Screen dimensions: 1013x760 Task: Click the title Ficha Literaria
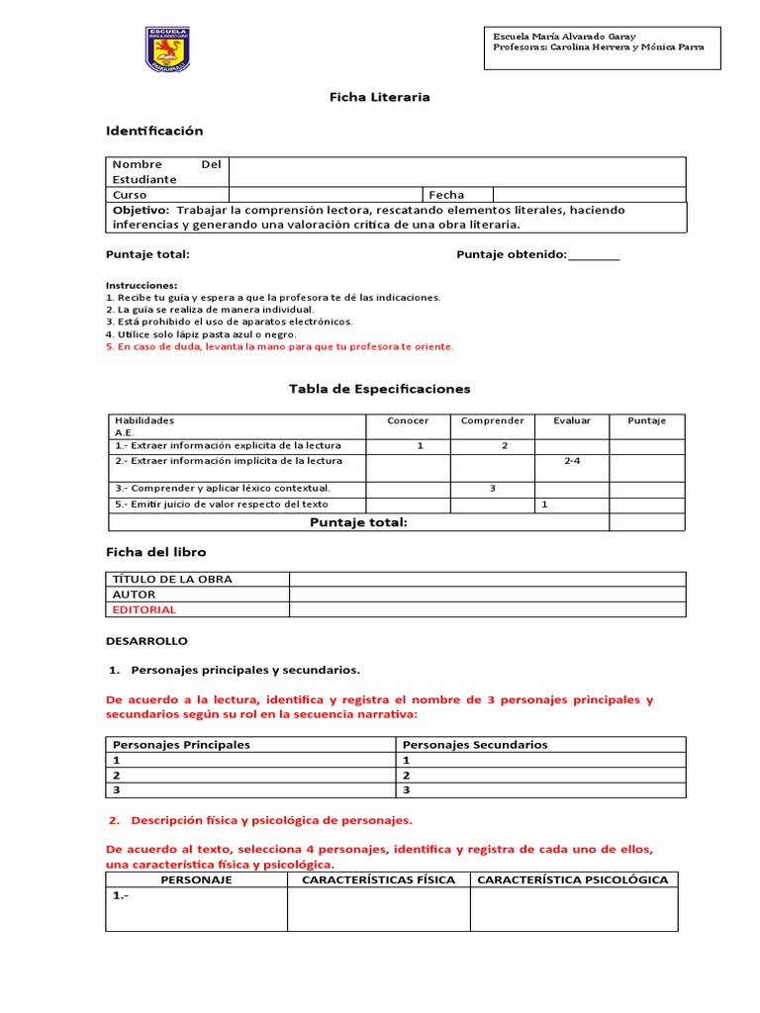coord(379,97)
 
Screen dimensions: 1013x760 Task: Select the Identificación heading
coord(154,131)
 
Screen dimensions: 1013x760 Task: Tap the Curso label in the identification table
coord(130,195)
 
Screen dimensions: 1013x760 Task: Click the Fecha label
coord(446,195)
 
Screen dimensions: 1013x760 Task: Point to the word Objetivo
coord(141,211)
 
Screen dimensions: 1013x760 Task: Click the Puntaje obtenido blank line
coord(594,255)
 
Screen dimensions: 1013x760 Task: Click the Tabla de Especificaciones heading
coord(379,389)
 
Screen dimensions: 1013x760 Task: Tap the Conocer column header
coord(408,420)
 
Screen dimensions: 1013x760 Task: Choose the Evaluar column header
coord(572,420)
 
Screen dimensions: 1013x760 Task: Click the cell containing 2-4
coord(572,461)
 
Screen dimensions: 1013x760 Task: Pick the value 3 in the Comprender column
coord(492,489)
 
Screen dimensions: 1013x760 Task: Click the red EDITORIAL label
coord(144,610)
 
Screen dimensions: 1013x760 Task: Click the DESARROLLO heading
coord(146,641)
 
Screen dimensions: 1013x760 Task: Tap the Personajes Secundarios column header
coord(475,745)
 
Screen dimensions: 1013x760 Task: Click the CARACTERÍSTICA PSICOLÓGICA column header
coord(573,879)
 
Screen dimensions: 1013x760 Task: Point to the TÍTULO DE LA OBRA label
coord(172,579)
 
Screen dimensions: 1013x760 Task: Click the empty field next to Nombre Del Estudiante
coord(456,171)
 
